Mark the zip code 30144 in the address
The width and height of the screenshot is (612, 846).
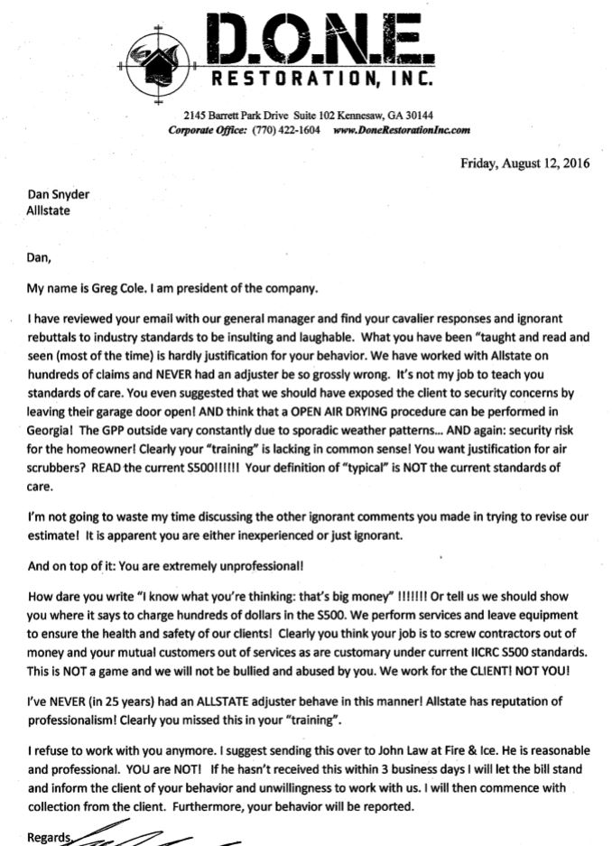coord(417,116)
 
